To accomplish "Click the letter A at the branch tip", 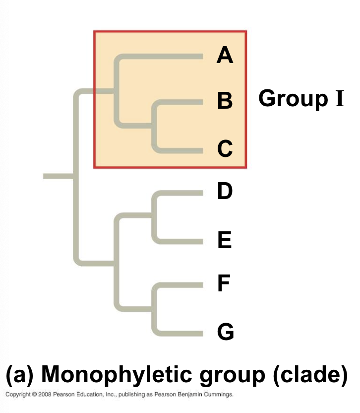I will (x=225, y=56).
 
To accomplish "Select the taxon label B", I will (x=225, y=101).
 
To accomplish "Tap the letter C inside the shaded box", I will (x=225, y=148).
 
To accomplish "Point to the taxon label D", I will (x=225, y=191).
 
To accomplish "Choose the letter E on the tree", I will (x=224, y=241).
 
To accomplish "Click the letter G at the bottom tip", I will (x=225, y=332).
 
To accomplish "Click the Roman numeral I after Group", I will (x=339, y=98).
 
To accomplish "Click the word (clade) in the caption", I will (x=310, y=376).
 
